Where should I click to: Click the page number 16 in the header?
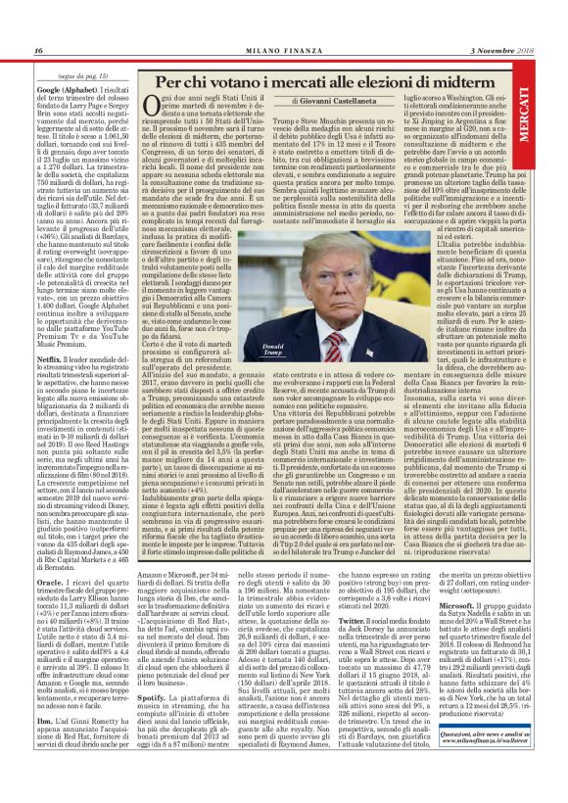tap(38, 51)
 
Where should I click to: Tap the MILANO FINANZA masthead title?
tap(282, 51)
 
